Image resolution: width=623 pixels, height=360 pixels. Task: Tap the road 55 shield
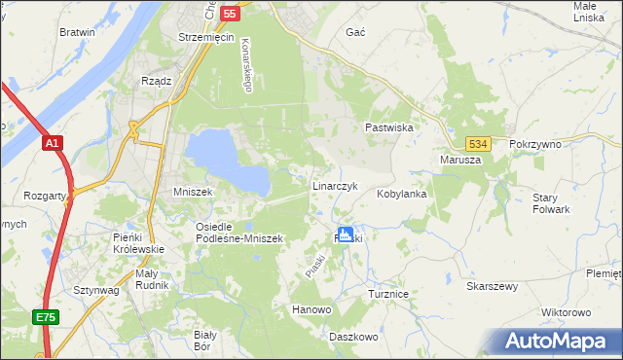coord(229,14)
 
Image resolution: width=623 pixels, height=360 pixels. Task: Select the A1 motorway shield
coord(53,144)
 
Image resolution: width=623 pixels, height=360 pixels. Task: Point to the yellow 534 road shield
coord(476,143)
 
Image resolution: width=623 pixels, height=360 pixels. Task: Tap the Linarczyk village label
coord(336,185)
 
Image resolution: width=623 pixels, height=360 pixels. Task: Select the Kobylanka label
coord(403,194)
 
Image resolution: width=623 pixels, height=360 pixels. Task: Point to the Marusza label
coord(460,160)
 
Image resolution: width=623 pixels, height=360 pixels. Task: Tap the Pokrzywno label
coord(535,144)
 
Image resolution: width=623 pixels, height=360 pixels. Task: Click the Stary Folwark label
coord(551,203)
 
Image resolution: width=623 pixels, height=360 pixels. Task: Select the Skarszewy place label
coord(492,287)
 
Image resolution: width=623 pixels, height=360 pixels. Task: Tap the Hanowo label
coord(312,309)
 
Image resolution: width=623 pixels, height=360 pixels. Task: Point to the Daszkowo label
coord(353,336)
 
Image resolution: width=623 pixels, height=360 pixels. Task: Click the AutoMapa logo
coord(560,342)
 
